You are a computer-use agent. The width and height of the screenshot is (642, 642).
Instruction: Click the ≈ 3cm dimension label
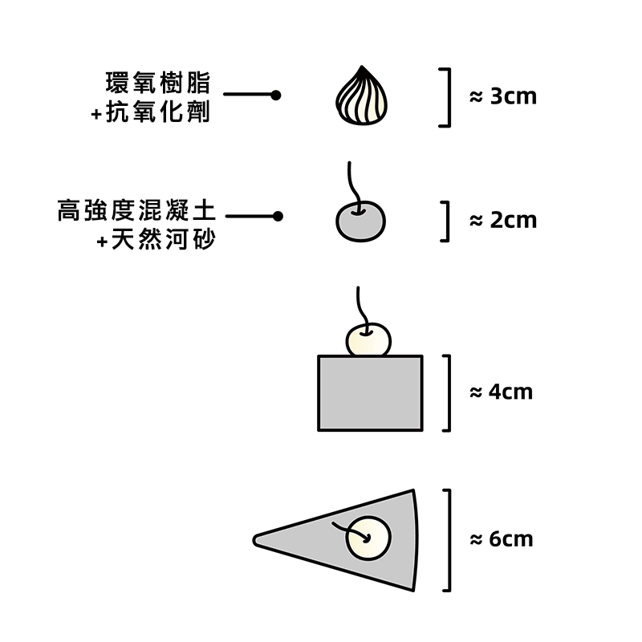click(x=503, y=97)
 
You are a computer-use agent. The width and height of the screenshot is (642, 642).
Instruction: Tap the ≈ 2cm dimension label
click(x=503, y=220)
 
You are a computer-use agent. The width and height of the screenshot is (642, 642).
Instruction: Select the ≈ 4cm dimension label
click(x=502, y=392)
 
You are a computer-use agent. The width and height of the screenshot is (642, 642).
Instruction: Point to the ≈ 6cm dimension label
click(x=502, y=538)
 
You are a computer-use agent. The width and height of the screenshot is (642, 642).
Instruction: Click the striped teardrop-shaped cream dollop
click(x=361, y=97)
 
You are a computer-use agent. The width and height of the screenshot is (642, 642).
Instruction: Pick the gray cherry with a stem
click(x=360, y=221)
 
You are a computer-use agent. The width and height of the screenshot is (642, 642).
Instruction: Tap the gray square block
click(x=370, y=393)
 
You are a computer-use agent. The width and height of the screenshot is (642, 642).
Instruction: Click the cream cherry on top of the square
click(x=368, y=339)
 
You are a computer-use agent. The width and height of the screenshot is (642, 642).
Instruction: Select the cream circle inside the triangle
click(x=368, y=538)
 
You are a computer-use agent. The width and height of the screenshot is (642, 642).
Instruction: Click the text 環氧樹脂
click(x=157, y=83)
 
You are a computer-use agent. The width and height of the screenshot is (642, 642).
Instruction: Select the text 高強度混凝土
click(x=137, y=212)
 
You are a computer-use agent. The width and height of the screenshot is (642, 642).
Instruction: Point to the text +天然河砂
click(x=156, y=240)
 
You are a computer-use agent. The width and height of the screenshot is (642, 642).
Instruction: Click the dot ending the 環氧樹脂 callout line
click(x=276, y=95)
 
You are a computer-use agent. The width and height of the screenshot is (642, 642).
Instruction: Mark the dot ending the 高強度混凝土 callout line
click(x=278, y=216)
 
